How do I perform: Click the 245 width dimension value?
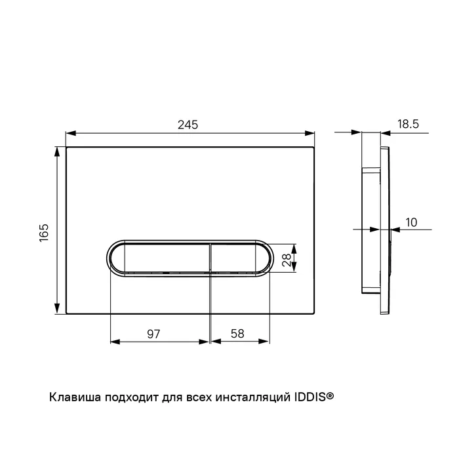(x=188, y=125)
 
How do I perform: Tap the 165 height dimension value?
(x=44, y=233)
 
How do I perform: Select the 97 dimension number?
(x=153, y=334)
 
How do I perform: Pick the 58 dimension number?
(x=237, y=334)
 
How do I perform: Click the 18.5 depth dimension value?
(x=408, y=124)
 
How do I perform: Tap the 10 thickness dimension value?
(x=411, y=222)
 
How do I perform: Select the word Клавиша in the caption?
(x=75, y=397)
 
